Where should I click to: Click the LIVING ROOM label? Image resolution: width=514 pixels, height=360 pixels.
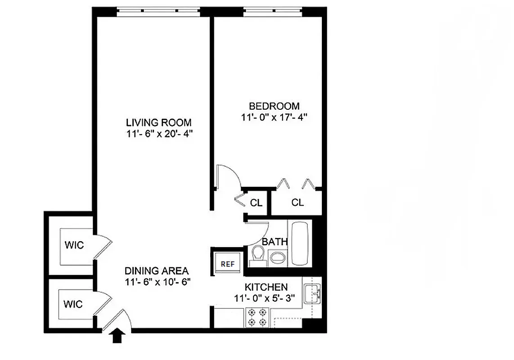click(158, 122)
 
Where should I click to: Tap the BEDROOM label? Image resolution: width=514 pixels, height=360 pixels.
click(274, 106)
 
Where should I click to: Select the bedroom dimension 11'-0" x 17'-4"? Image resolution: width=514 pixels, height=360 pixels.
click(274, 117)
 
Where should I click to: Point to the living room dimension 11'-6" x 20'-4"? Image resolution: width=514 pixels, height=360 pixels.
click(158, 134)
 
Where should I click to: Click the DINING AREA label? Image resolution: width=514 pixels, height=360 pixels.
click(156, 271)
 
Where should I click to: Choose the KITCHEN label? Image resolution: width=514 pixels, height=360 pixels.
click(266, 287)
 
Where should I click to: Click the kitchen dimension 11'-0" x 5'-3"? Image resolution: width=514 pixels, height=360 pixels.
click(266, 297)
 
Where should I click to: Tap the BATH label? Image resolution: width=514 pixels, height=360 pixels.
click(275, 242)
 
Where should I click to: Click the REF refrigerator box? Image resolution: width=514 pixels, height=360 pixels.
click(228, 264)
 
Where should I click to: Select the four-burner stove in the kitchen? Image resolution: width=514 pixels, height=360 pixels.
click(257, 317)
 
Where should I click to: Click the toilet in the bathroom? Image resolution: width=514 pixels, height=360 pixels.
click(257, 255)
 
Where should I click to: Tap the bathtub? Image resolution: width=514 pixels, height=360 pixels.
click(300, 243)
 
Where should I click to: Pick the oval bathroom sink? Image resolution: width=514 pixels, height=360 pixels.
click(277, 258)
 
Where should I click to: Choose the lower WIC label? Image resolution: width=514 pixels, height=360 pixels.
click(73, 304)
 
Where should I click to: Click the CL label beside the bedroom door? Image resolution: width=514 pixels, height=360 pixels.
click(256, 203)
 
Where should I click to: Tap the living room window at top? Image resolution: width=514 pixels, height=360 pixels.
click(158, 11)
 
